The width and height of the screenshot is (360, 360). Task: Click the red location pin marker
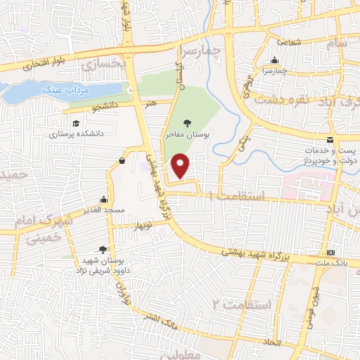point(181,166)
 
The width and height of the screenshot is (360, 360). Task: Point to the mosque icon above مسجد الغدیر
point(104,199)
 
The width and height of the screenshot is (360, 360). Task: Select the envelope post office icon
point(330,141)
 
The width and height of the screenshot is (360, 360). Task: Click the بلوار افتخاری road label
point(42,65)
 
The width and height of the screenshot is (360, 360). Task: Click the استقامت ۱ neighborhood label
point(243,194)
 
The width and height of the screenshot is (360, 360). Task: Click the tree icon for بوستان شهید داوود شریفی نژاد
point(103,249)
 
